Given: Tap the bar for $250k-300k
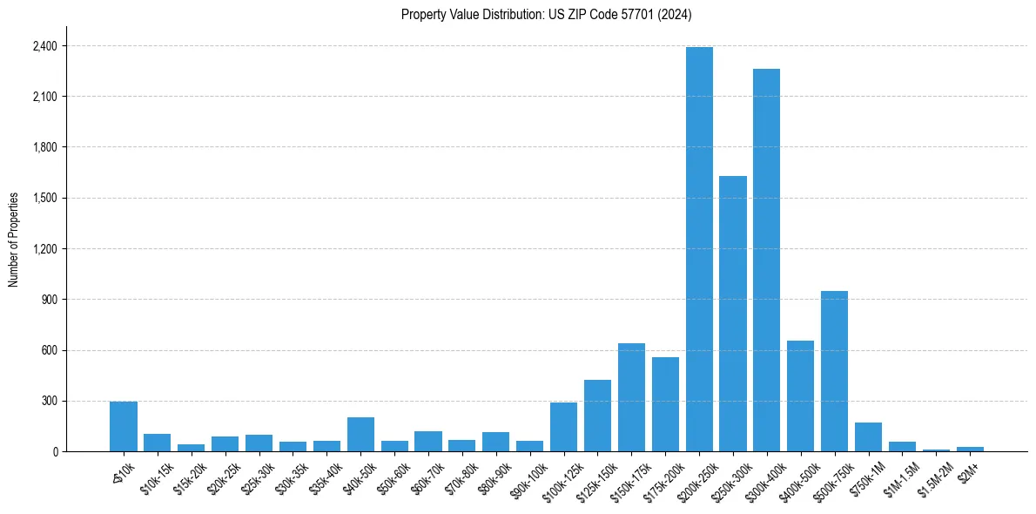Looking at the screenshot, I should pos(733,314).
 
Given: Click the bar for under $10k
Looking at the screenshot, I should pos(124,427).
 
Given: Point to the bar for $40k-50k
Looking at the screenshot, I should pos(360,435).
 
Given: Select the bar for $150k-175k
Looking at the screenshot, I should pos(631,397).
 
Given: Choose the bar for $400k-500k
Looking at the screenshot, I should pos(800,396).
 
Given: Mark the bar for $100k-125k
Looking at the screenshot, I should pos(563,427).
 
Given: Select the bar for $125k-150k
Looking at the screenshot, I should pos(597,416).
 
